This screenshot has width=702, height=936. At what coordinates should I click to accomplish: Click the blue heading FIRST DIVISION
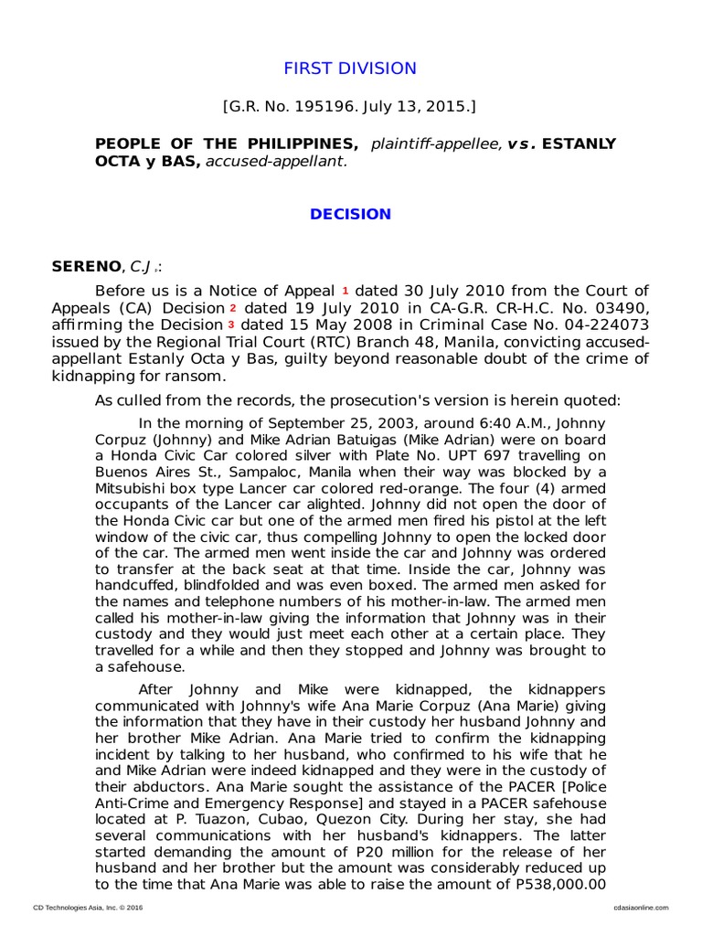click(350, 69)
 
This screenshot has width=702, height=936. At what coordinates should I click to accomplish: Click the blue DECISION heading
click(350, 215)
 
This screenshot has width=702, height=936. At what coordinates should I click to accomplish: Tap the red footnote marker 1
click(346, 291)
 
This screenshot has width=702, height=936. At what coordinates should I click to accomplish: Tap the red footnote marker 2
click(233, 308)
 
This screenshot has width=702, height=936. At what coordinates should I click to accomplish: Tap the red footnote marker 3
click(230, 324)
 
